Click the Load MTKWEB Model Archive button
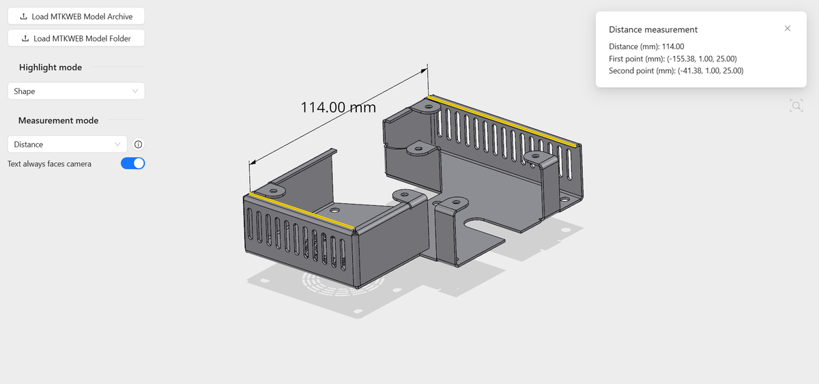[x=76, y=16]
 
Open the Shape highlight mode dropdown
[x=76, y=91]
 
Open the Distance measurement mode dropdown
[x=68, y=145]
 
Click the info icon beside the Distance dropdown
[x=138, y=145]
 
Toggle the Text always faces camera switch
[x=132, y=163]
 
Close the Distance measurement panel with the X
[x=787, y=29]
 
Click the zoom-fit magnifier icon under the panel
[x=796, y=106]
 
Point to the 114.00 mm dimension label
[x=339, y=107]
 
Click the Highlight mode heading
[x=51, y=68]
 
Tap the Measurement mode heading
[x=58, y=120]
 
